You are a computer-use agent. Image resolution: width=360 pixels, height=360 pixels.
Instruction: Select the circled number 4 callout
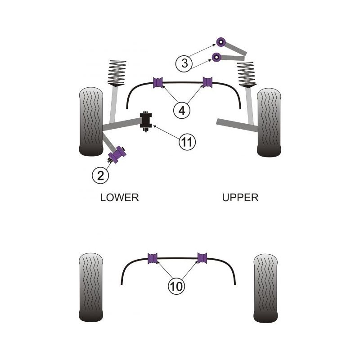(182, 109)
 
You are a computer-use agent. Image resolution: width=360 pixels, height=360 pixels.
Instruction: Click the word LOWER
(119, 197)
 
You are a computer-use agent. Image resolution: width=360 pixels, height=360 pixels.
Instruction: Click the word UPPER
(240, 197)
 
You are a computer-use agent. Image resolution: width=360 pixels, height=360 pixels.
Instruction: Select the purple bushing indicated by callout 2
(119, 155)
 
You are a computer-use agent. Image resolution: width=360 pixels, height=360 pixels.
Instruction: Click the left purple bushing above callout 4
(158, 82)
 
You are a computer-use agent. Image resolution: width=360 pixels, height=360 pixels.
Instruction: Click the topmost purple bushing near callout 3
(222, 41)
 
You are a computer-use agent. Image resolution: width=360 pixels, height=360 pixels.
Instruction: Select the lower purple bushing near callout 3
(217, 57)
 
